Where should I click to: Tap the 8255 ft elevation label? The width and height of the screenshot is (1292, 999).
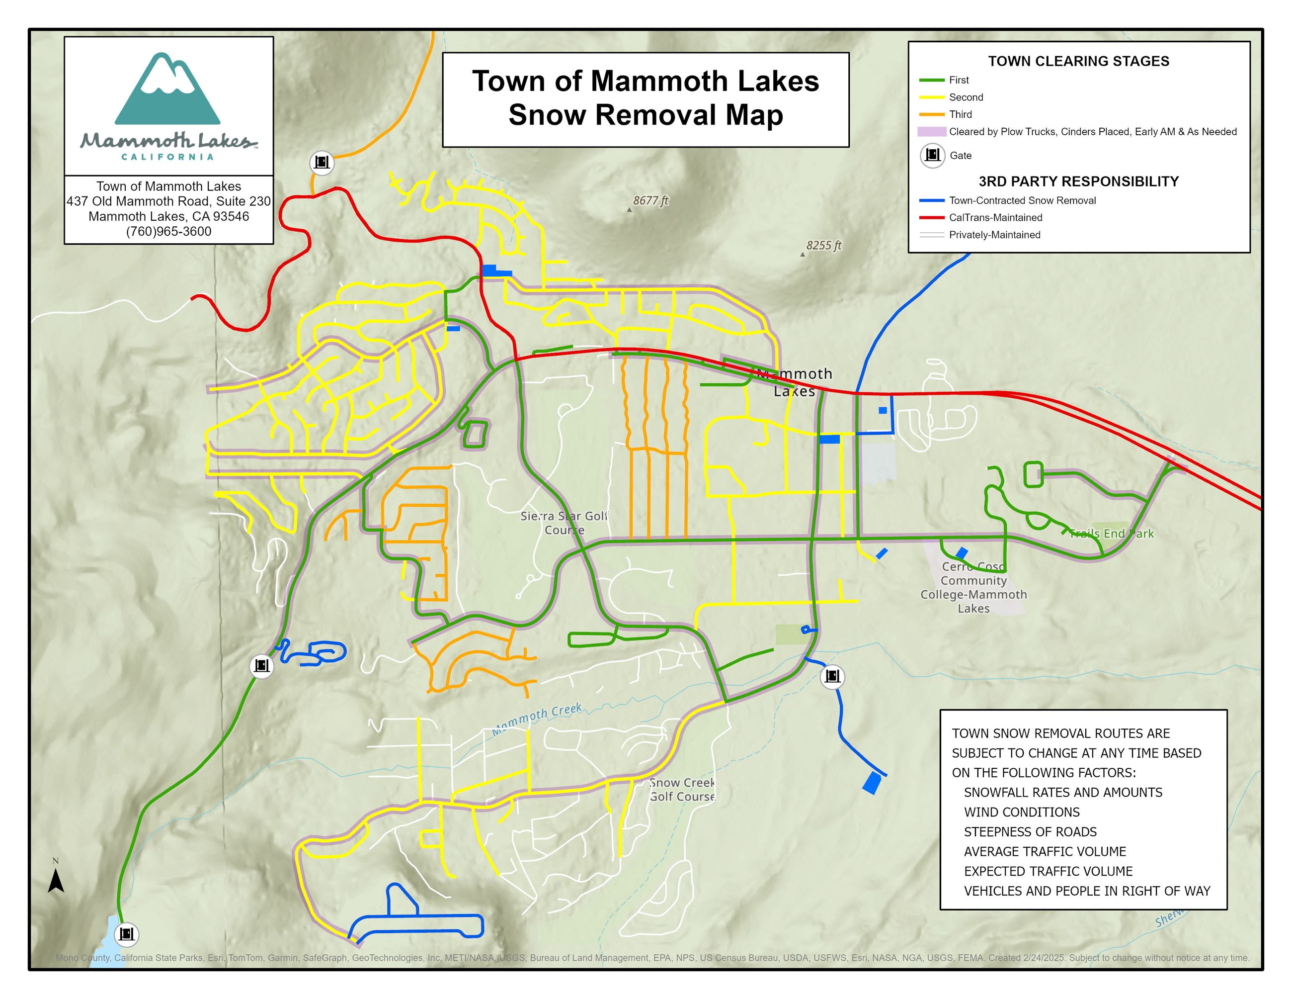coord(823,245)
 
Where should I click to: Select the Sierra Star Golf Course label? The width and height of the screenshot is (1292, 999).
coord(564,523)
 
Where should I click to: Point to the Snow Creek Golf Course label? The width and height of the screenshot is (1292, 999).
coord(682,790)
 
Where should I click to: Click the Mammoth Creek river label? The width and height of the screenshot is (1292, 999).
coord(537,719)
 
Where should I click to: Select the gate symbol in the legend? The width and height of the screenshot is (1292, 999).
coord(932,155)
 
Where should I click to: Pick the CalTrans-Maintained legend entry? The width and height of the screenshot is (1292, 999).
coord(995,217)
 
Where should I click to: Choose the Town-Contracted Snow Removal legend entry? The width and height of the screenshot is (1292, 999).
coord(1022,200)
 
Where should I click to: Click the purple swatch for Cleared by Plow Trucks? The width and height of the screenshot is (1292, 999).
coord(931,131)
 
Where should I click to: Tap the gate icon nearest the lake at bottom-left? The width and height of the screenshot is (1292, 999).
coord(126,934)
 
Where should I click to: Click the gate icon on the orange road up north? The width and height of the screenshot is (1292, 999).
coord(322,162)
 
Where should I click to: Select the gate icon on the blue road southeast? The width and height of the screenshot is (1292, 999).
coord(832,675)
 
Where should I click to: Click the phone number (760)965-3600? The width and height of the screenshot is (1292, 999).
coord(168,231)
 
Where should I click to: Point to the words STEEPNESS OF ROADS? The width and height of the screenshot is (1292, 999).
coord(1030,831)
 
